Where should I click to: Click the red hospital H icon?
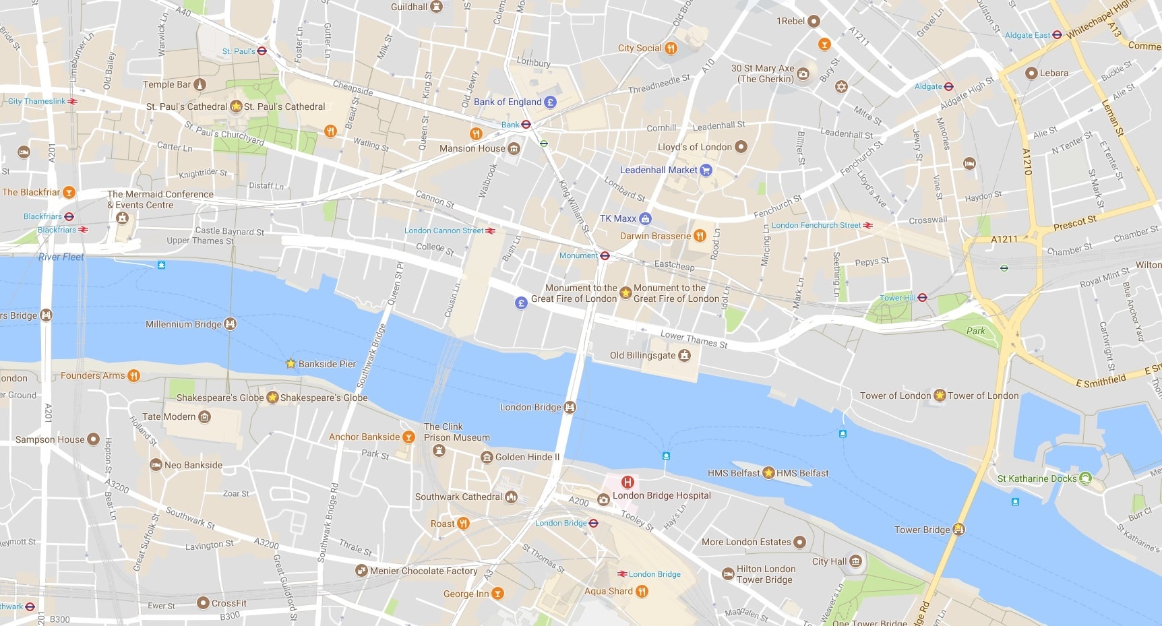tap(628, 482)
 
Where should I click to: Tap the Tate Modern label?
tap(169, 416)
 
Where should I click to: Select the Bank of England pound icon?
tap(551, 102)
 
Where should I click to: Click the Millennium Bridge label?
tap(183, 324)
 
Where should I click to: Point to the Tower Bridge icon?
tap(958, 530)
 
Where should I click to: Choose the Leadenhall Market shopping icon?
tap(706, 170)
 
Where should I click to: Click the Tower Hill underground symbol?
tap(923, 297)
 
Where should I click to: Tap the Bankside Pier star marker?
tap(290, 363)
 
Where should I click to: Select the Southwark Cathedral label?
tap(458, 497)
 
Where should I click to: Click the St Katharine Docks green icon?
tap(1085, 478)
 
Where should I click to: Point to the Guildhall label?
tap(409, 7)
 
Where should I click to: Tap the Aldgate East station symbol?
tap(1058, 35)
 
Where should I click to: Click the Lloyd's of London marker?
tap(741, 146)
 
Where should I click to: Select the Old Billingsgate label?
tap(642, 355)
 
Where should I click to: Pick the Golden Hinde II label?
tap(527, 457)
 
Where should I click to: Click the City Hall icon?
tap(855, 561)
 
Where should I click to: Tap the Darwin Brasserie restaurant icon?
tap(700, 236)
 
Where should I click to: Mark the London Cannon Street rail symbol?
tap(491, 230)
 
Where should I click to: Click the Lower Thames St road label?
tap(694, 339)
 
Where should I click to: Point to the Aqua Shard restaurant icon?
tap(642, 591)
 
